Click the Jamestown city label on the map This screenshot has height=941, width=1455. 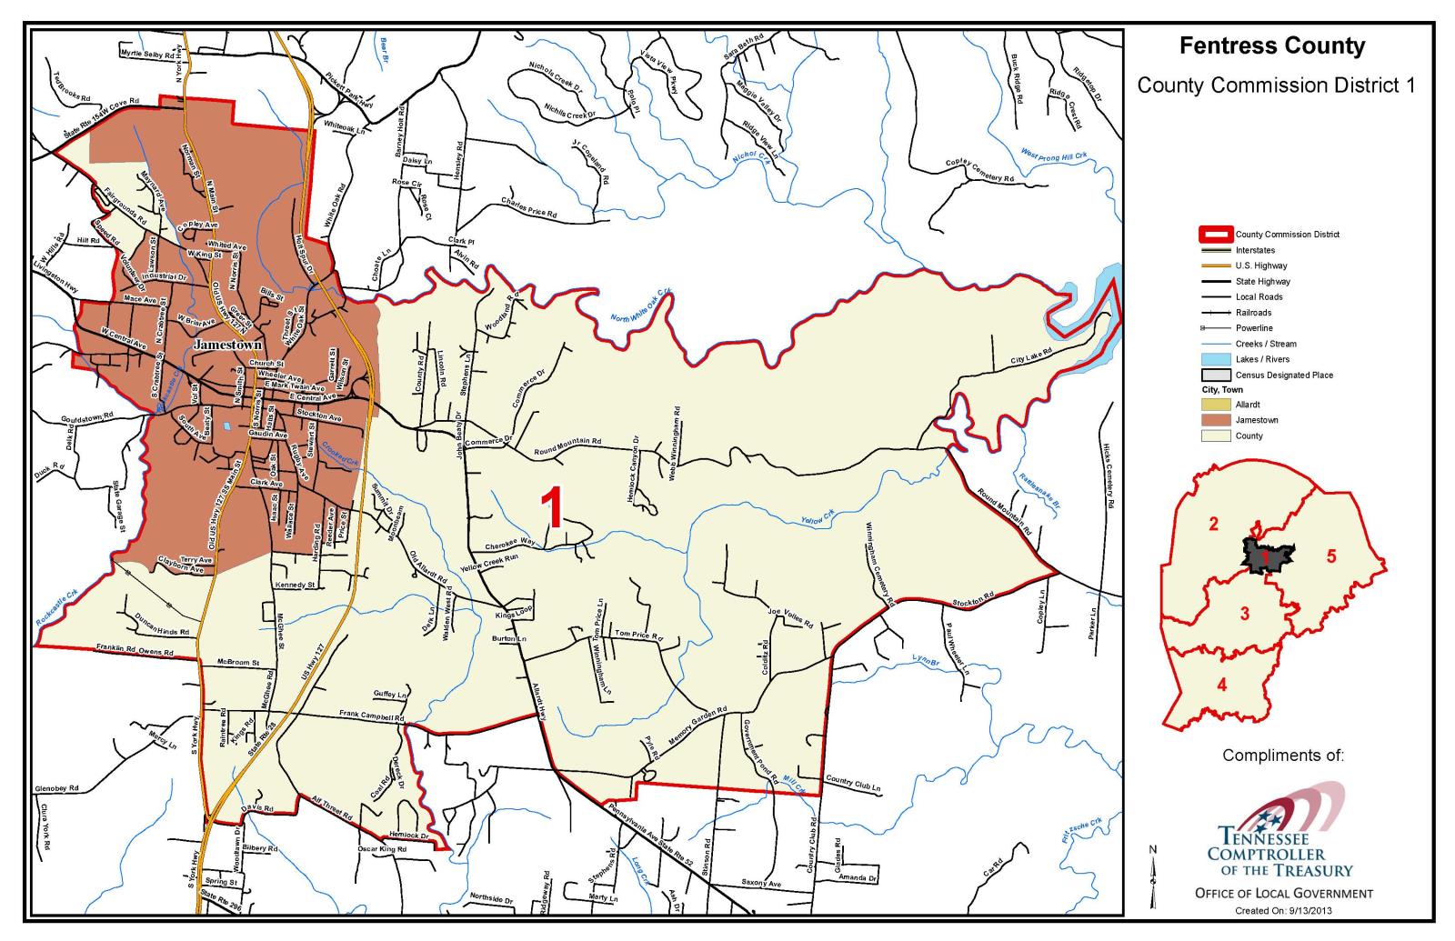227,345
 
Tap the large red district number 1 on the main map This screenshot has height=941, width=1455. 553,507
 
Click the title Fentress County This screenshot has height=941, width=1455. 1271,46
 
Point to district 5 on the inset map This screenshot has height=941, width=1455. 1330,556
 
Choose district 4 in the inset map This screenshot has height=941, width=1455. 1221,685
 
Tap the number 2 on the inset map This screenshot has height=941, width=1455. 1212,524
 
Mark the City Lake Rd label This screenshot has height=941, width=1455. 1030,355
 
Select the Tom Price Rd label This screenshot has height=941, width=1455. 637,635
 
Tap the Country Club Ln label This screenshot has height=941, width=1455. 853,781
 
